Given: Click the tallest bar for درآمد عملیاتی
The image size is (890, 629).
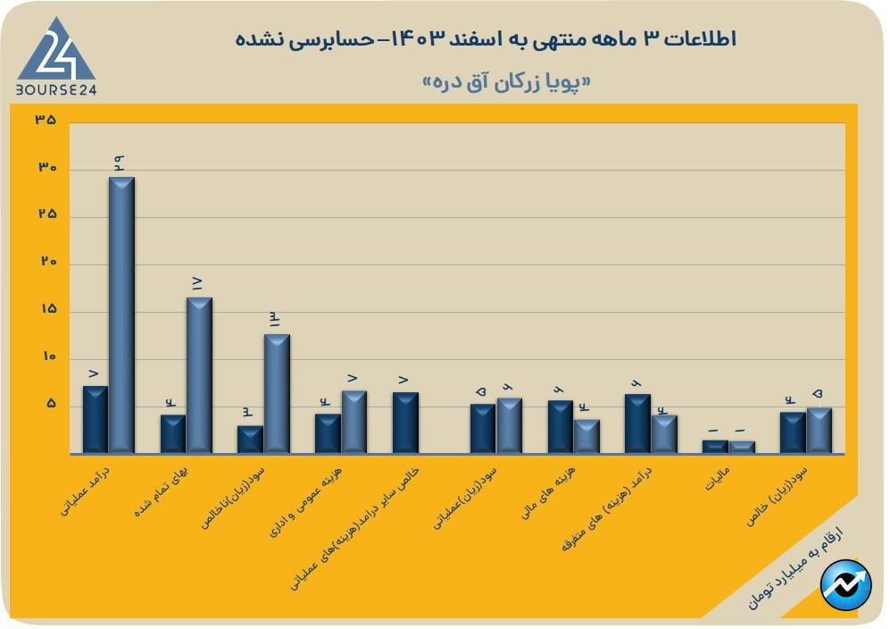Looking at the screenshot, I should coord(121,314).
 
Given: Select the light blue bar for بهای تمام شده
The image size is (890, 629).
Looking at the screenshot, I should coord(199,375).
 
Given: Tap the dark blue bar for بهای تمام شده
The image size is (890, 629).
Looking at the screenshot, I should coord(173,434).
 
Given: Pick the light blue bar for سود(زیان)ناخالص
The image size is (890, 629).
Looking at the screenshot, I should coord(277,394).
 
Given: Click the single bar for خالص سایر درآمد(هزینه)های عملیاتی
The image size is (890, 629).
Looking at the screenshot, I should coord(405,423).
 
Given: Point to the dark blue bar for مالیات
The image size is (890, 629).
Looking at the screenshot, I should coord(715,447).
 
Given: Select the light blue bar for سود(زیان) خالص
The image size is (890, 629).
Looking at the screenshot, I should coord(819,431).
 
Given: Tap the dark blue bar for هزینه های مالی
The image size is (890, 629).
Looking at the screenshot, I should coord(561,427).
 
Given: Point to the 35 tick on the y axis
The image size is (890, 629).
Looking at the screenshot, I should coord(46,121).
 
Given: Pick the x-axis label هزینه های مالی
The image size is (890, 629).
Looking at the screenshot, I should coord(553,492).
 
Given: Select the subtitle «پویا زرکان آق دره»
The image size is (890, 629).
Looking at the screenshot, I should coord(506,82).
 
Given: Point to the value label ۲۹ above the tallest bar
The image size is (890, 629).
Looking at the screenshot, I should coord(119,162).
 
